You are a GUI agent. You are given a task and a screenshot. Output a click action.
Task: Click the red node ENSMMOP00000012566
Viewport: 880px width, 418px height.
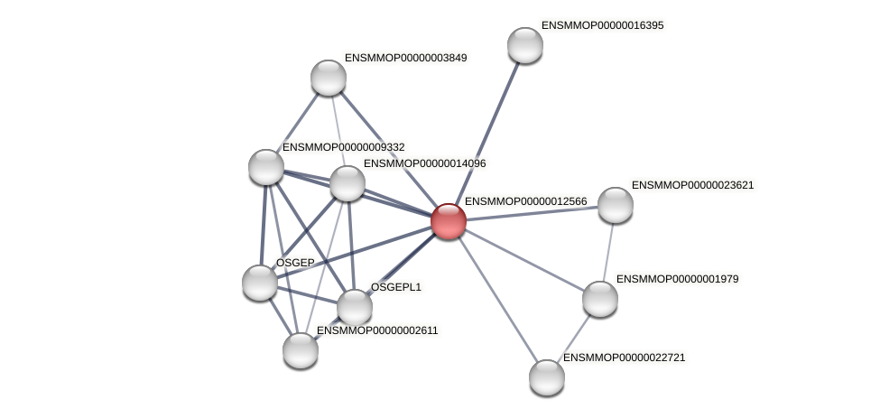click(x=449, y=221)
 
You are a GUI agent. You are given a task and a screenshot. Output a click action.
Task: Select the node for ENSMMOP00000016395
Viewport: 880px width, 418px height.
click(x=525, y=45)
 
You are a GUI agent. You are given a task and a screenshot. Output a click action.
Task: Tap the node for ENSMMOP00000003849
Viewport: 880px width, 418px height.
click(x=329, y=78)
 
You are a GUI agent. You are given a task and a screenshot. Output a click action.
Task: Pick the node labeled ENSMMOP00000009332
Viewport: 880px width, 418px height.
click(x=266, y=166)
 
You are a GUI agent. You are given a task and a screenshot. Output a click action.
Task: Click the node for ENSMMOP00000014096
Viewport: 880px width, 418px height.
click(x=347, y=183)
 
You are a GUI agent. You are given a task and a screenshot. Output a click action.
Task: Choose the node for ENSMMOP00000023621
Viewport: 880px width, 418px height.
click(x=616, y=205)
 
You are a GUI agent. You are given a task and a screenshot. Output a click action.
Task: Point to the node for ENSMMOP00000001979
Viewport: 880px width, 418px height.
click(x=600, y=299)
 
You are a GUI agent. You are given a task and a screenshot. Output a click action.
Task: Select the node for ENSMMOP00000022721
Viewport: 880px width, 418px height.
click(x=547, y=377)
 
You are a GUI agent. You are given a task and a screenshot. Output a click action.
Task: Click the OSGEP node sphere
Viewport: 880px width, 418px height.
click(x=260, y=283)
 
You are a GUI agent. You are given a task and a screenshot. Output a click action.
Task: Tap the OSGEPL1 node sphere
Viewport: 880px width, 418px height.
click(x=355, y=307)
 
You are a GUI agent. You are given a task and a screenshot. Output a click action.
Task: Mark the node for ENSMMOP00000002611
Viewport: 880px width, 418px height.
click(x=301, y=350)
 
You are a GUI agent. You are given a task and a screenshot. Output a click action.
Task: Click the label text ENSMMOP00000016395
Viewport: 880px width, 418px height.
click(x=602, y=25)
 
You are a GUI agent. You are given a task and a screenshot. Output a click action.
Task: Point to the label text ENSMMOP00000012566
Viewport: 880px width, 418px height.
click(x=525, y=201)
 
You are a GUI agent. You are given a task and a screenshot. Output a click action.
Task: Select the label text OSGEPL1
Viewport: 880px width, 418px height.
click(x=396, y=287)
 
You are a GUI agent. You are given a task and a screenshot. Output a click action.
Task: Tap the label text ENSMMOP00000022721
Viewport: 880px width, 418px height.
click(x=625, y=358)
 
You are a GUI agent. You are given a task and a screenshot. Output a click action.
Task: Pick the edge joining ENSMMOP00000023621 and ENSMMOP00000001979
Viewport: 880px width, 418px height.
click(x=608, y=251)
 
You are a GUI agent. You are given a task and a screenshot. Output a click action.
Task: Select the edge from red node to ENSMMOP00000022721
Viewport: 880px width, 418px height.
click(x=497, y=299)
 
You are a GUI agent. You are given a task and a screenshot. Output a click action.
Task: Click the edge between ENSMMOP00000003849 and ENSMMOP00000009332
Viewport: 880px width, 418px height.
click(x=298, y=121)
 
